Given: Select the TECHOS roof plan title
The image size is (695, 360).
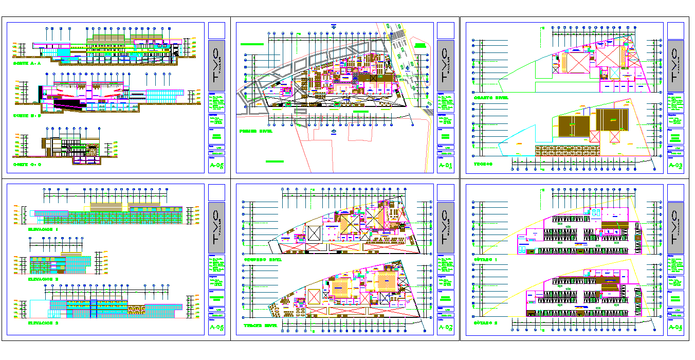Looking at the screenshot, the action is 483,165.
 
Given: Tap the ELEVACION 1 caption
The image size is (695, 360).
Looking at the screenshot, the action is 43,229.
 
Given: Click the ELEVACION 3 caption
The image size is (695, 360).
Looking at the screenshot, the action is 43,323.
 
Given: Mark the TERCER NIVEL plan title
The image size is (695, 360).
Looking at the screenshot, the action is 261,326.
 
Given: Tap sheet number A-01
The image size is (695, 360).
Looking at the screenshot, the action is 445,166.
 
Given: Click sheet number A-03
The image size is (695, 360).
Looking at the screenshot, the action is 675,166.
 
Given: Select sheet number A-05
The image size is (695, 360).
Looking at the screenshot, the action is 217,166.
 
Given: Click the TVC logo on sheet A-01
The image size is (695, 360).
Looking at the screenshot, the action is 445,64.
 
